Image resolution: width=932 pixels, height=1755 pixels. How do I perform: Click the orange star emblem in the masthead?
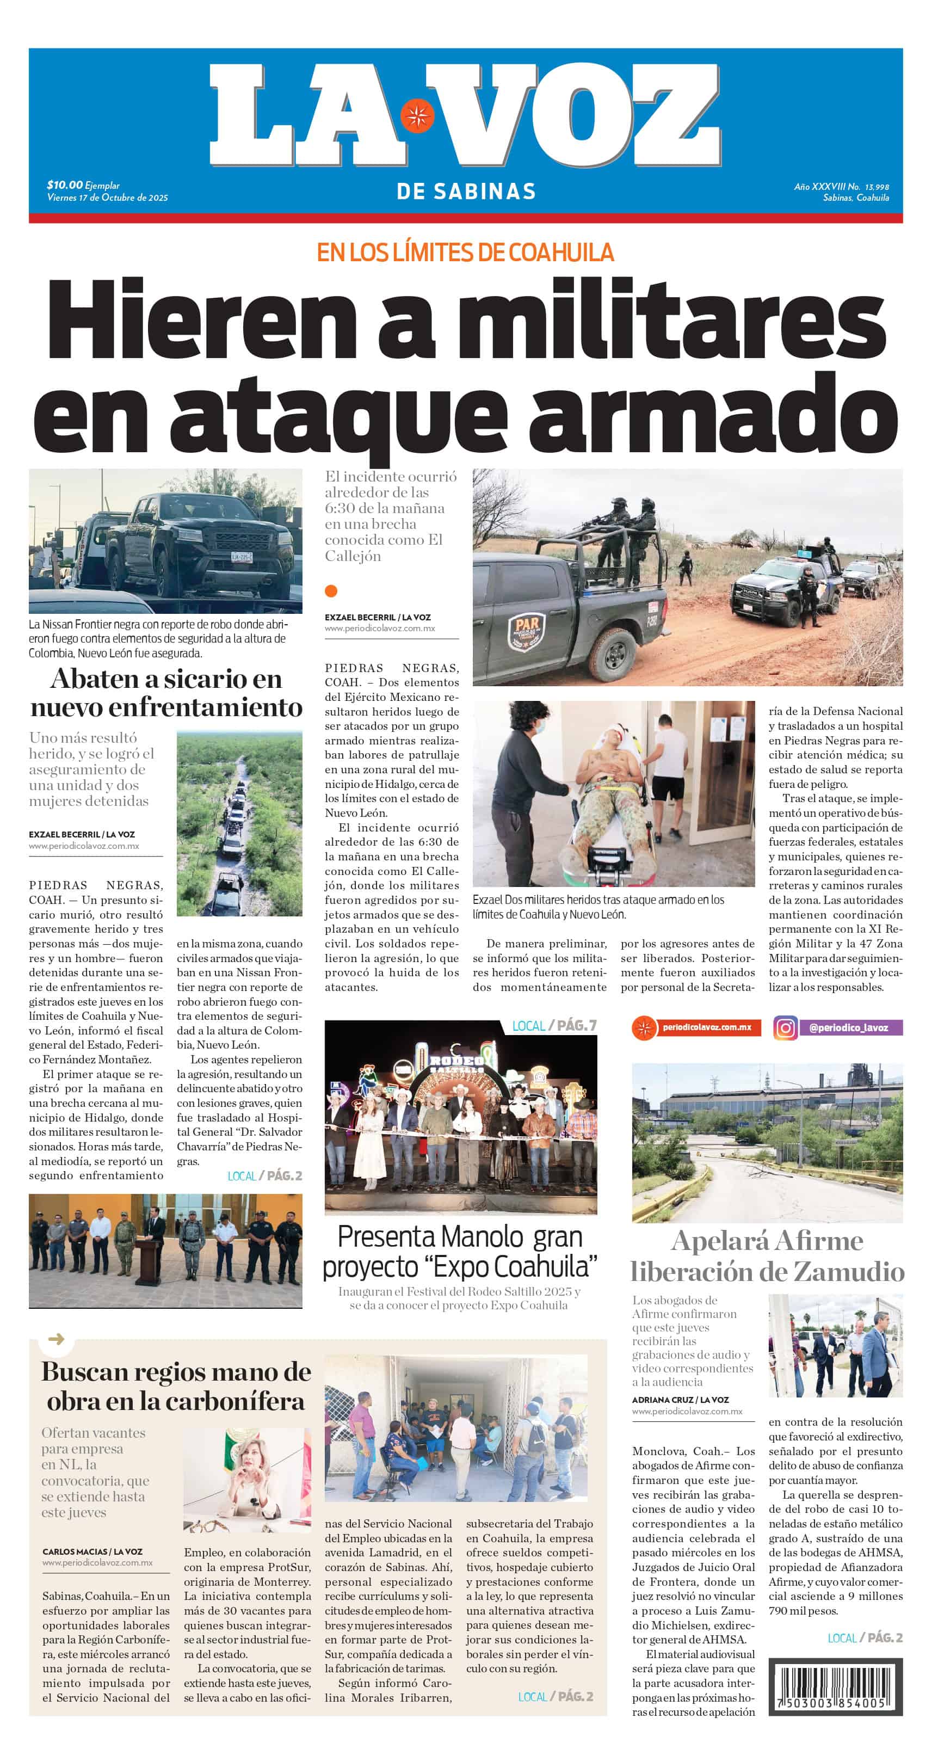pos(417,116)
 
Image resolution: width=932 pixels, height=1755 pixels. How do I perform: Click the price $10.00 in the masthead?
pos(65,184)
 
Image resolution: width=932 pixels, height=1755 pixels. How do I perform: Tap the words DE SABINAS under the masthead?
pos(466,192)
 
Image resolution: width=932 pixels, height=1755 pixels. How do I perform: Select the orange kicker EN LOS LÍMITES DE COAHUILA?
pos(465,253)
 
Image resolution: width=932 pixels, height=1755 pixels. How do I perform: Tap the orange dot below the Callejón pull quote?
pos(331,590)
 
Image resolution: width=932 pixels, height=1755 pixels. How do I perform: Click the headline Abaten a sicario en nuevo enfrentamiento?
pos(165,692)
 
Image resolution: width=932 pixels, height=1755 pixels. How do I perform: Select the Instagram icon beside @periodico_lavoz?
pos(785,1027)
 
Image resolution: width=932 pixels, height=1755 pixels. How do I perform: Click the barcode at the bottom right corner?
pos(835,1687)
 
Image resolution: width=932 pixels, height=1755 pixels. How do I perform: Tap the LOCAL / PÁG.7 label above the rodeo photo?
pos(554,1025)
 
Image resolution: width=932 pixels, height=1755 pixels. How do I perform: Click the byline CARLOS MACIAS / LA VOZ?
pos(92,1551)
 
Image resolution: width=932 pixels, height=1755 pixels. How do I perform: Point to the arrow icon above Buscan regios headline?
pos(57,1339)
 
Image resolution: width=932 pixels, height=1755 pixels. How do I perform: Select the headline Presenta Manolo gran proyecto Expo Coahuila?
pos(460,1252)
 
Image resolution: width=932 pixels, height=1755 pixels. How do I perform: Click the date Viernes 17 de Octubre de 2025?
pos(107,198)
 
